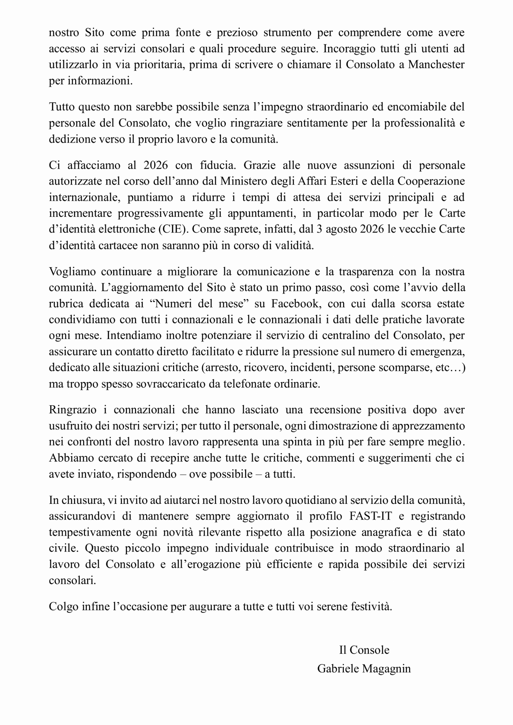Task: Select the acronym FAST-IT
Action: pyautogui.click(x=371, y=516)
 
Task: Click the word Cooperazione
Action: pyautogui.click(x=431, y=181)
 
